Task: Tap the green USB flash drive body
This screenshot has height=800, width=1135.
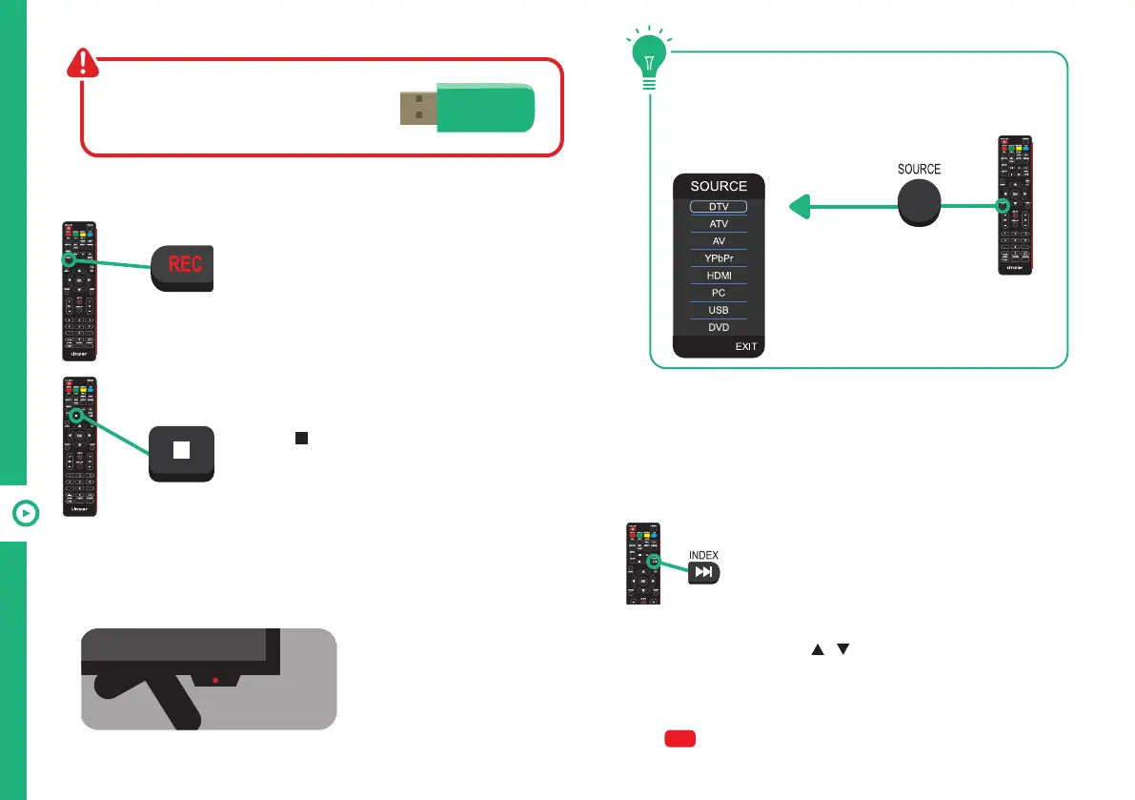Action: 484,107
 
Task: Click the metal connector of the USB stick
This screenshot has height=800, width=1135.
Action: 417,108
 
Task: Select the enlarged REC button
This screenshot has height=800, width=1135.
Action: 184,264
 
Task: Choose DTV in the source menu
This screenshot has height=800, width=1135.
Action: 719,207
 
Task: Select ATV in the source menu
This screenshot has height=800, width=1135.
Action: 719,224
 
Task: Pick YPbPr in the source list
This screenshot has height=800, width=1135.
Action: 719,258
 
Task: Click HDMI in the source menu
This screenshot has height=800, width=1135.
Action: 719,276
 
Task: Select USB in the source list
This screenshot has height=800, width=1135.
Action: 719,310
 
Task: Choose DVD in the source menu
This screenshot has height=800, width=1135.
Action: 719,327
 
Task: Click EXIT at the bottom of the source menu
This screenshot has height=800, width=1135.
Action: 745,346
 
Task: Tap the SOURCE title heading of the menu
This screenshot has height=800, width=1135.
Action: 719,186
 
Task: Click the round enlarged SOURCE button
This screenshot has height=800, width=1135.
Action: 919,201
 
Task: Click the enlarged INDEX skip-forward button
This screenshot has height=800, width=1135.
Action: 703,572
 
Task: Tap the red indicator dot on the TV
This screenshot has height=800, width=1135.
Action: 216,681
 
